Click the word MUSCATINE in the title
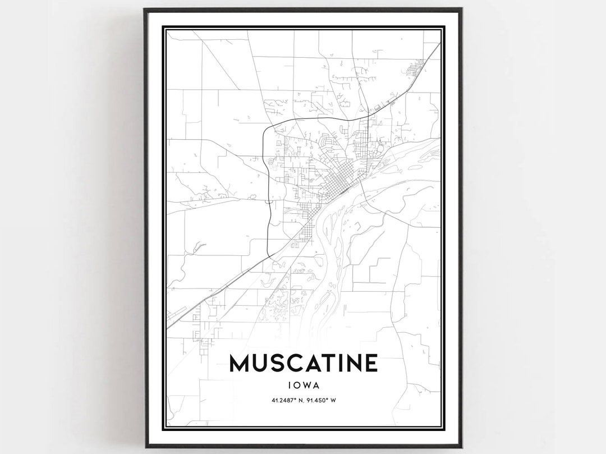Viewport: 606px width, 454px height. tap(303, 364)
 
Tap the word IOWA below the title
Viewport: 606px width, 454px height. tap(303, 386)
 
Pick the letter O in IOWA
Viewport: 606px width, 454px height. tap(296, 386)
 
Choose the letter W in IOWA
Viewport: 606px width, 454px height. tap(306, 386)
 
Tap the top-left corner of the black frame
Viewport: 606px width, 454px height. tap(145, 10)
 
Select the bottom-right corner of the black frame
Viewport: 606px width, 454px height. tap(461, 446)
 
